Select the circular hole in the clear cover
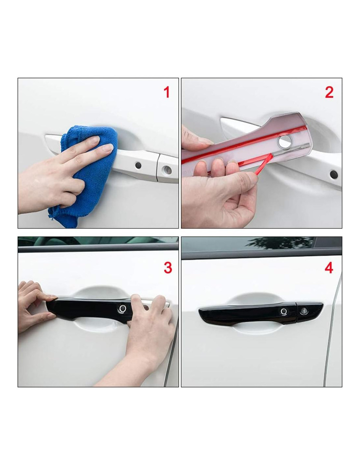coord(284,141)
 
